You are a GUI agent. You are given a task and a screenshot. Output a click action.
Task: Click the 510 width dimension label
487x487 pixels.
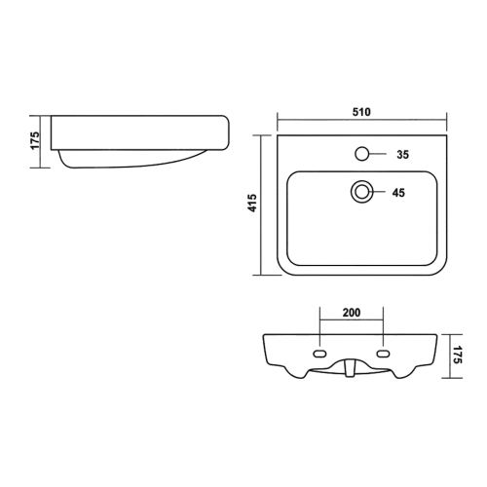click(361, 112)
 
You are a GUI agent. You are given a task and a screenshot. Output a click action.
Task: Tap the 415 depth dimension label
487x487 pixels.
click(252, 203)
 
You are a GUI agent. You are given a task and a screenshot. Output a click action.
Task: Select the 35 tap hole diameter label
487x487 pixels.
click(402, 155)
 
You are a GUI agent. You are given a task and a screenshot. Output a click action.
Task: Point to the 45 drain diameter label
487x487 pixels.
click(398, 193)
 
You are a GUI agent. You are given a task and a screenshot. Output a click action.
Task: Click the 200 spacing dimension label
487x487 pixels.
click(352, 313)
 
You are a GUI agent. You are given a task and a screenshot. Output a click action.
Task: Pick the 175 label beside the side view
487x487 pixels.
click(35, 140)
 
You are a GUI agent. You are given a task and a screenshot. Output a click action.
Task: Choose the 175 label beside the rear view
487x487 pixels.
click(457, 355)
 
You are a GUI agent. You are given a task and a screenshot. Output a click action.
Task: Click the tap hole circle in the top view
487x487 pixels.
click(362, 154)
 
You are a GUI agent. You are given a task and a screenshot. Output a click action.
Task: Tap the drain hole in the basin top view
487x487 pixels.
click(361, 192)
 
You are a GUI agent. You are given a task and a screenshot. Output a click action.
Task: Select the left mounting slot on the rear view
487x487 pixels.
click(319, 354)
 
